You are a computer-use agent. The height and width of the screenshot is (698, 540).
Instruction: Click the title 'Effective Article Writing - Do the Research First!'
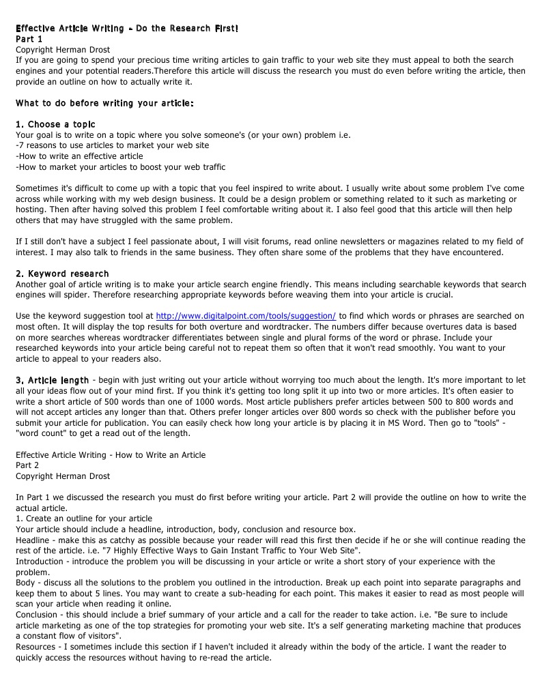[127, 29]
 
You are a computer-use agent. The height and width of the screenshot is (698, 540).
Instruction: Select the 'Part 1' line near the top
[29, 39]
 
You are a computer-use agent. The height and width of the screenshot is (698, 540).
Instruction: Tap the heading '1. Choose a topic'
[55, 124]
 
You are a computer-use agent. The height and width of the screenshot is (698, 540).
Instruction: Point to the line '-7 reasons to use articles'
[112, 145]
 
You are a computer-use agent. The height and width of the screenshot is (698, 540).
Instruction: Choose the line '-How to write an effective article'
[79, 156]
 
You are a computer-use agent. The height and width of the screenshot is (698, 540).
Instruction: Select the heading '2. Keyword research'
[62, 274]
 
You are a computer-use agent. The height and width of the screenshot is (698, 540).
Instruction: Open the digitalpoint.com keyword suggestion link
[246, 316]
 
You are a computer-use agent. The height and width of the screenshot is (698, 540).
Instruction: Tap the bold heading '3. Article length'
[52, 379]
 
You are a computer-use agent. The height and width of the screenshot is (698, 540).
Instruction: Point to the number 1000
[208, 401]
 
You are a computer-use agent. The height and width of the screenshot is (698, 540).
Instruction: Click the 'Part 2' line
[29, 465]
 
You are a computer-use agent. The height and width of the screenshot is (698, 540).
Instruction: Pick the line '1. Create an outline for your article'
[84, 519]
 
